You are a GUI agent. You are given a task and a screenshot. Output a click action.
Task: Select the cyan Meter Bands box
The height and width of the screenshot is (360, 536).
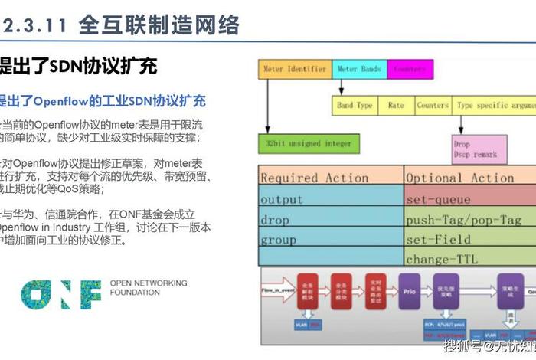coord(359,70)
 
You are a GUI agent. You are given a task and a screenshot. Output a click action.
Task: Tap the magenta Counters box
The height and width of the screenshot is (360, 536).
coord(410,70)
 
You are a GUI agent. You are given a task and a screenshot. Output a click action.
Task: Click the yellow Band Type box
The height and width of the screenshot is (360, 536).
coord(355,106)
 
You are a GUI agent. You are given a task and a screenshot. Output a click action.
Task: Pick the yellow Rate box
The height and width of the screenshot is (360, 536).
coord(396,106)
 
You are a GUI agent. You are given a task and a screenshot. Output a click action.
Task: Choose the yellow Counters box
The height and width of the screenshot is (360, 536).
coord(433,106)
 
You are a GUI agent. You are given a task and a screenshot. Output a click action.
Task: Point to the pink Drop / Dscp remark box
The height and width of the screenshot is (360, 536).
coord(479,149)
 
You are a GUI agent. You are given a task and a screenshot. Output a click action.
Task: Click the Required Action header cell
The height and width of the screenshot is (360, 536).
coord(330,178)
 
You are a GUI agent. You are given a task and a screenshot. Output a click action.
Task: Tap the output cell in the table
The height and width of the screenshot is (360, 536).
coord(330,199)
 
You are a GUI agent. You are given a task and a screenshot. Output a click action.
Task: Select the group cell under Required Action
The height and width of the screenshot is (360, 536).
coord(330,240)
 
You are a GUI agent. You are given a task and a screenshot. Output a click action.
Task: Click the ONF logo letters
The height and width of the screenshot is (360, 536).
coord(61,293)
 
